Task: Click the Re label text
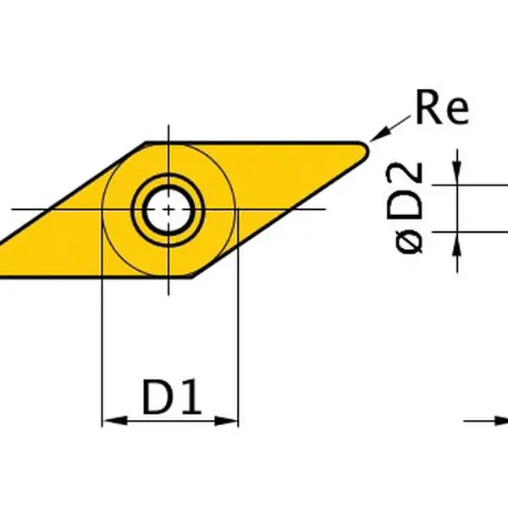pyautogui.click(x=440, y=110)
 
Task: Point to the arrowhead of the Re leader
pyautogui.click(x=375, y=137)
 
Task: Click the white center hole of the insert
pyautogui.click(x=168, y=208)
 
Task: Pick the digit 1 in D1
pyautogui.click(x=194, y=398)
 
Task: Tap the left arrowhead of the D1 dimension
pyautogui.click(x=110, y=420)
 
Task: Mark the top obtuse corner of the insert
pyautogui.click(x=146, y=142)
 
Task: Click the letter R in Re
pyautogui.click(x=428, y=110)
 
